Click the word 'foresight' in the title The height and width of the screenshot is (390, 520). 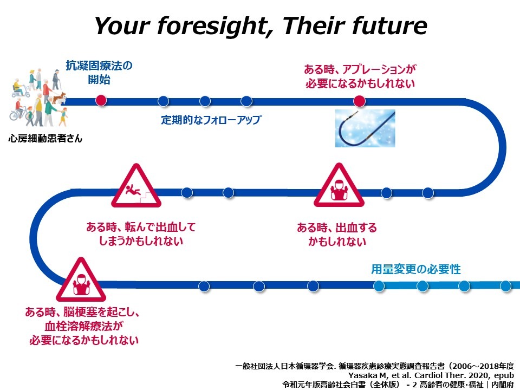213,25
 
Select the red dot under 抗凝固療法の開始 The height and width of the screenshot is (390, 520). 101,101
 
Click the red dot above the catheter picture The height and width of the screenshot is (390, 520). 359,101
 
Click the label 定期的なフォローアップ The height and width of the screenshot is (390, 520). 211,120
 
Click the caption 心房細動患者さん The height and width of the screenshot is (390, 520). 45,138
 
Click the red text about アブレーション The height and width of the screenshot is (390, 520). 360,76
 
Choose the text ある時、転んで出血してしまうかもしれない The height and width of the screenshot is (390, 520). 141,233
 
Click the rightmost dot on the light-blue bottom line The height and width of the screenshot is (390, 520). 505,286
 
